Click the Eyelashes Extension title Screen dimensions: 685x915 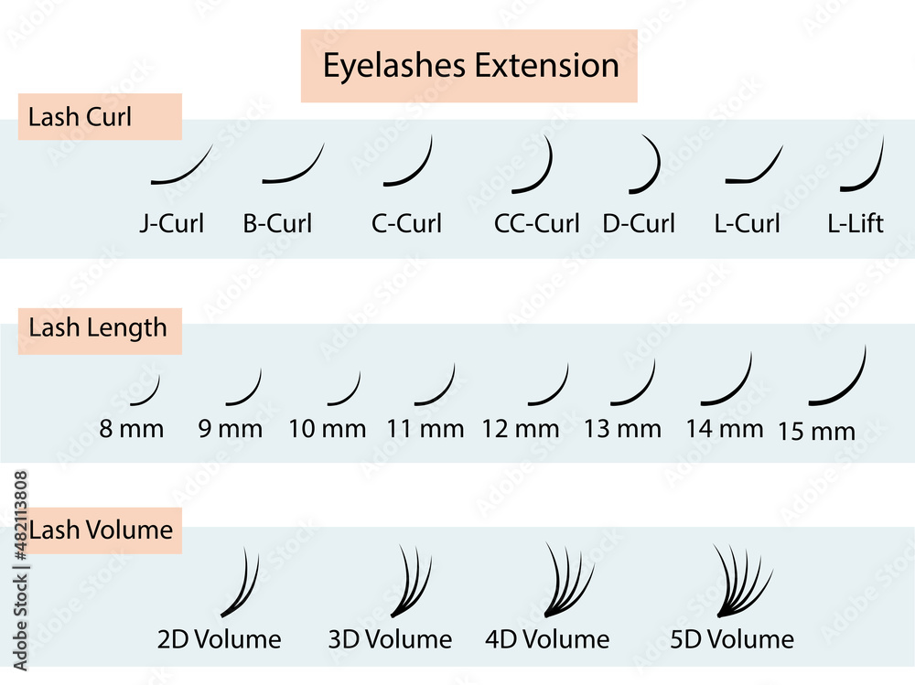(470, 66)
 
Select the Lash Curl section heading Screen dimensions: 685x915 (81, 117)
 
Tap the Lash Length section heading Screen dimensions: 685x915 (98, 327)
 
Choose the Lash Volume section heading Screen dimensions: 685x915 (101, 530)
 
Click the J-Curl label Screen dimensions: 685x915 (172, 223)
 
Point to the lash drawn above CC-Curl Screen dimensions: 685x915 (538, 167)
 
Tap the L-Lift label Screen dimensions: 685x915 (856, 223)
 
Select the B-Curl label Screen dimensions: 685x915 (277, 223)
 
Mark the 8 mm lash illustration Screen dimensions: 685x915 (146, 391)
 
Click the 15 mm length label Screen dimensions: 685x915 (816, 432)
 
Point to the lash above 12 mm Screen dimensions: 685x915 (550, 386)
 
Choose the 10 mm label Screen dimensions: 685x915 (328, 428)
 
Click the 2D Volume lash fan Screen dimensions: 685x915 (241, 584)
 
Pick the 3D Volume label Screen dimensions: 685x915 (390, 639)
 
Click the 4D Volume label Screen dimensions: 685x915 (547, 639)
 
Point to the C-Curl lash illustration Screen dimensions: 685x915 (410, 164)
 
